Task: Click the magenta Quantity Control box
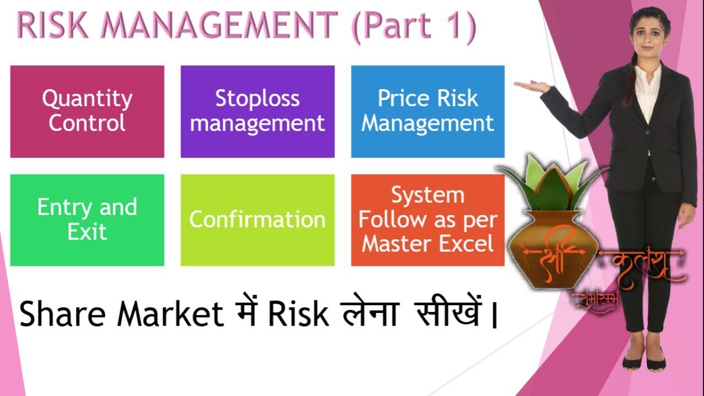[87, 111]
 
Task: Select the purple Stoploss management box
[257, 111]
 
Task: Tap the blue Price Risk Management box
[427, 111]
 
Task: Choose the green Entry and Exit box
[87, 220]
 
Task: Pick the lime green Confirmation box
[257, 220]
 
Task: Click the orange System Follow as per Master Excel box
[427, 220]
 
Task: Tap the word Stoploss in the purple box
[257, 98]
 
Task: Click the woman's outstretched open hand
[531, 85]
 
